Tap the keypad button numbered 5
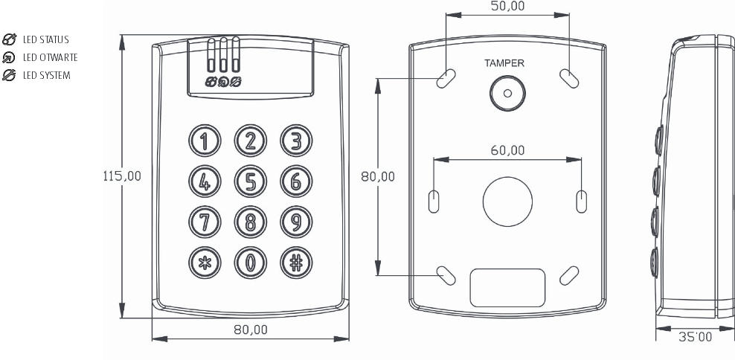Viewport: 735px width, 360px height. (251, 181)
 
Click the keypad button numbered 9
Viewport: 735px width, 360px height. (296, 222)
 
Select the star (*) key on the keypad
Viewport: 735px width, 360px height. (205, 263)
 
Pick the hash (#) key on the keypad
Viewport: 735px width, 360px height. (296, 263)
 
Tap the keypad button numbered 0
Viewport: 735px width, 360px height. (251, 263)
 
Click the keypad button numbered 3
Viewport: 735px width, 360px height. (296, 141)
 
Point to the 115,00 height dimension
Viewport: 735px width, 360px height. (122, 176)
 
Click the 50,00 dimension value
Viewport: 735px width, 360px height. (507, 6)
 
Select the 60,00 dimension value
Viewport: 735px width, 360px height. (507, 150)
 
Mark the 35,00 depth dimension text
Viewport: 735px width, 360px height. (695, 336)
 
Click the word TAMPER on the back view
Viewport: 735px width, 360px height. (504, 63)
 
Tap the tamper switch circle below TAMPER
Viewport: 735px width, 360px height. (507, 93)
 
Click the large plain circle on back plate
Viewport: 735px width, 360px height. (507, 202)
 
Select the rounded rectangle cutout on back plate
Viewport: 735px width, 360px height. (507, 288)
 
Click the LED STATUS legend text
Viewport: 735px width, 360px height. (46, 40)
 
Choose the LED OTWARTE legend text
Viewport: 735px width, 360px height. (50, 58)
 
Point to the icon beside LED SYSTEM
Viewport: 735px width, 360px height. (9, 75)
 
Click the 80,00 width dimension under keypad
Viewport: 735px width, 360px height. (251, 330)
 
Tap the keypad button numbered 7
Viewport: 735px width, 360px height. (205, 222)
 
